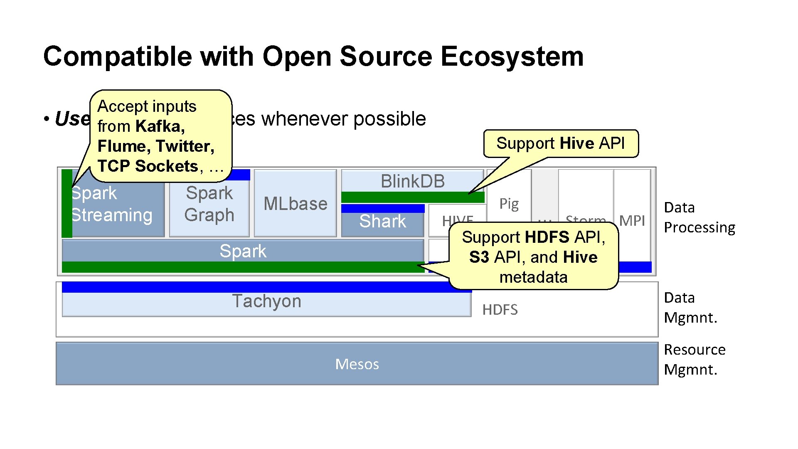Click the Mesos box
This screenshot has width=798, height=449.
(x=357, y=364)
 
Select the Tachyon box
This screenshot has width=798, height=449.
(x=266, y=303)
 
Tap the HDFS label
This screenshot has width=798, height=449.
(x=500, y=310)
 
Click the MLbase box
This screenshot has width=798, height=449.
(x=295, y=204)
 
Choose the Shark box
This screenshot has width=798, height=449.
(x=382, y=222)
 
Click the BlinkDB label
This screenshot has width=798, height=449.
(x=412, y=181)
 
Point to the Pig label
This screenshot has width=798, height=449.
(x=509, y=204)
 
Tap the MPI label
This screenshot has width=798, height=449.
(x=632, y=221)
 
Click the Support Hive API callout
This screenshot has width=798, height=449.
(x=560, y=143)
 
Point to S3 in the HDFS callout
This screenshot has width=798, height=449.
(x=479, y=257)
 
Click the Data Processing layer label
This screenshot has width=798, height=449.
(x=699, y=217)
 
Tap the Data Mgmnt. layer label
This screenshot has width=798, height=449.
(x=690, y=308)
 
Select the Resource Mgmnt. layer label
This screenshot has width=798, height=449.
(x=694, y=360)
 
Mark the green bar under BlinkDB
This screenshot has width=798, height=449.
(x=412, y=197)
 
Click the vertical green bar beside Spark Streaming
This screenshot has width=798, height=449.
(x=66, y=204)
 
